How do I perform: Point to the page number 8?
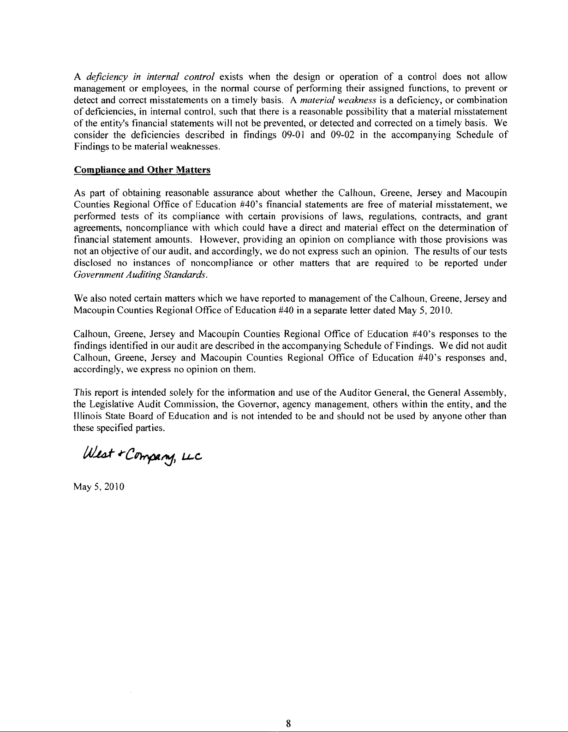[x=287, y=723]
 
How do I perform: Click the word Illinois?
[x=87, y=417]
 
